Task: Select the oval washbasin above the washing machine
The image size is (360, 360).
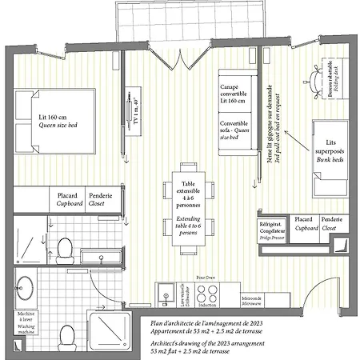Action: click(x=26, y=289)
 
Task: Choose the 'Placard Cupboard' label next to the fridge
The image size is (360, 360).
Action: click(x=303, y=223)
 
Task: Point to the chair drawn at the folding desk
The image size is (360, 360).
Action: click(x=311, y=78)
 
